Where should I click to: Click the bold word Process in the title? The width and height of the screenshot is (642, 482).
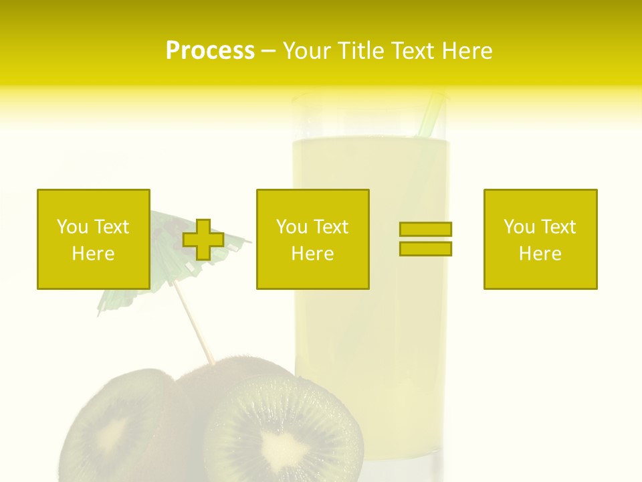click(x=210, y=51)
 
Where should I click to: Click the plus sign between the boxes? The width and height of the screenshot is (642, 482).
click(x=203, y=240)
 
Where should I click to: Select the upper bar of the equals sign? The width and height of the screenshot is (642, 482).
click(x=425, y=229)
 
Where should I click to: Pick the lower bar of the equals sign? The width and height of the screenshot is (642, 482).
click(x=425, y=248)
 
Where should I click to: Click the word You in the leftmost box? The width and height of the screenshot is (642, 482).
click(x=72, y=227)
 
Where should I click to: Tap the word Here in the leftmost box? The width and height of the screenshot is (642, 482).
click(x=93, y=254)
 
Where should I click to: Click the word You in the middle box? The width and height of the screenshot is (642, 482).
click(x=292, y=227)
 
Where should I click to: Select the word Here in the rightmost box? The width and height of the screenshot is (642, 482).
click(x=540, y=254)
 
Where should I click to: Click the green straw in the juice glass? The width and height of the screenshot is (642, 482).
click(x=430, y=114)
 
